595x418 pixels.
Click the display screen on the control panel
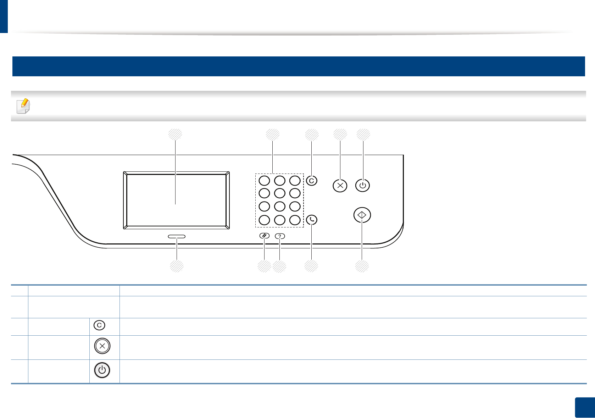[176, 200]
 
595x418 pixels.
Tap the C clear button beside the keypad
[311, 181]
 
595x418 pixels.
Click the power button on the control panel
[362, 186]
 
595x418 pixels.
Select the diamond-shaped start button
[362, 215]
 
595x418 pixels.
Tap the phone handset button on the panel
[311, 220]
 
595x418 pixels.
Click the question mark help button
[280, 236]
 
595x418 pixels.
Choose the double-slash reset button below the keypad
[265, 236]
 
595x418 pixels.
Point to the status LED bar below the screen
[177, 236]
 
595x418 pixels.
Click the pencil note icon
[23, 106]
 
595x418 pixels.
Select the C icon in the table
[99, 325]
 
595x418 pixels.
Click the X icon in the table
[102, 346]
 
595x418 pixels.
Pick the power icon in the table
[102, 370]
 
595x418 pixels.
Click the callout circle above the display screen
[175, 134]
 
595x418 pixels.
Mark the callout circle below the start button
[362, 266]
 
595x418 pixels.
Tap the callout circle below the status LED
[177, 266]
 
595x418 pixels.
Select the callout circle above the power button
[363, 134]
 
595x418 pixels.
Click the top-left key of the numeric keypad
[264, 181]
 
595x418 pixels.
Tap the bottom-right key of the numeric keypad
[295, 220]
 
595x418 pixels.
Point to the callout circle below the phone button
[311, 266]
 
